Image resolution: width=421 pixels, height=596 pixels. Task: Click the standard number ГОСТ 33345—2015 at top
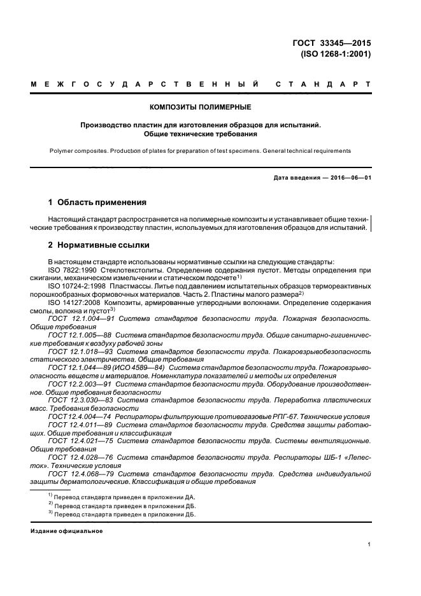(x=331, y=43)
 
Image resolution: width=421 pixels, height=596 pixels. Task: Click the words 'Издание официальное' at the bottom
(x=66, y=530)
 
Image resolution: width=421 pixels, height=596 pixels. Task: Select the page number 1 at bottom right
(x=369, y=545)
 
